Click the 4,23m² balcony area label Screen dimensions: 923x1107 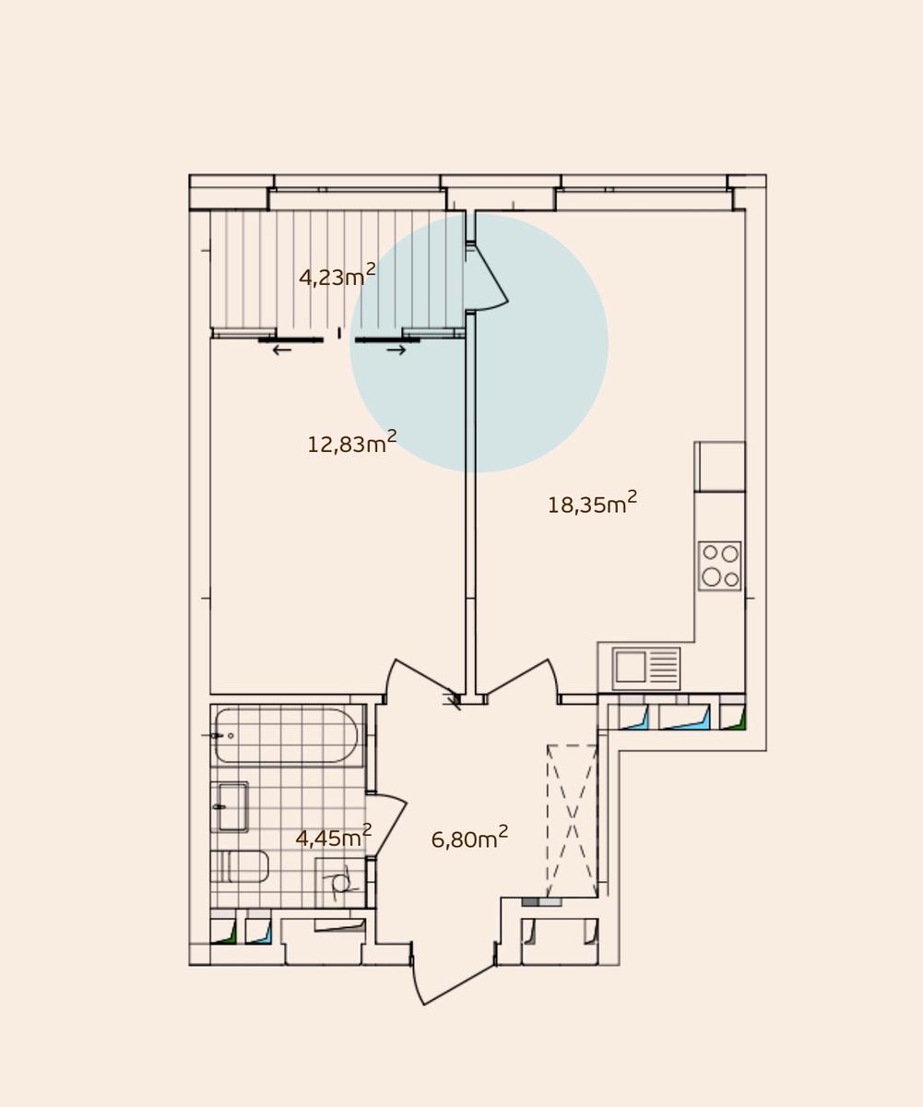[337, 275]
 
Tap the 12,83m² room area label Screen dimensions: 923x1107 [352, 442]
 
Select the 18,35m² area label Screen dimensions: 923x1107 [592, 503]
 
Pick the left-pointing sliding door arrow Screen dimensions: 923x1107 [282, 350]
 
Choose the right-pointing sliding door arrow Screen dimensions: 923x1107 [396, 350]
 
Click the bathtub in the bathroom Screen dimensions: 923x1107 [286, 735]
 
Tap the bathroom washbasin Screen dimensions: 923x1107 [230, 807]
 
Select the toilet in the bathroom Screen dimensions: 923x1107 [240, 866]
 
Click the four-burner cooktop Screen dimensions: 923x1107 [719, 565]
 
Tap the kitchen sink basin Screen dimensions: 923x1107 [631, 666]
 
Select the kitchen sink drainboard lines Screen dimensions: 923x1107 [663, 666]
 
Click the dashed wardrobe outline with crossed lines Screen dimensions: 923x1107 [573, 821]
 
